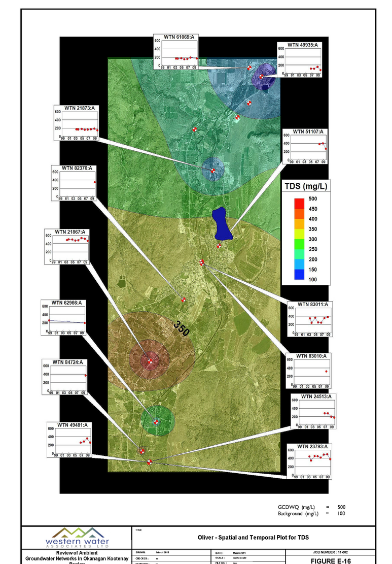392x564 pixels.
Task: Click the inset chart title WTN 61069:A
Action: (175, 38)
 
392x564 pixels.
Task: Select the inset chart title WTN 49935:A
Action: (302, 45)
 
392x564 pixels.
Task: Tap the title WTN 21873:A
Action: (75, 108)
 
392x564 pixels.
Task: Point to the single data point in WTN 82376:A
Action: (95, 182)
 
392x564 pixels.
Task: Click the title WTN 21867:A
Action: (67, 231)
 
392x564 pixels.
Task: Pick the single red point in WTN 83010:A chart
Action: (326, 372)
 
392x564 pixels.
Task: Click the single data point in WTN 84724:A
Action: (86, 376)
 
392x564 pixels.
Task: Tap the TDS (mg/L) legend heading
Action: (305, 186)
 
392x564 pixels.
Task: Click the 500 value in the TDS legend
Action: (313, 199)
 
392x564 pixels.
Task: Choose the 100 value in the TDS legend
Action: (313, 280)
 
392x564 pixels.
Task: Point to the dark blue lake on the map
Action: (222, 224)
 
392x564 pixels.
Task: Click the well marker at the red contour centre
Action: (150, 361)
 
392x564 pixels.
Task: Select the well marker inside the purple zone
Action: (262, 76)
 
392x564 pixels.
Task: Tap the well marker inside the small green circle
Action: (156, 421)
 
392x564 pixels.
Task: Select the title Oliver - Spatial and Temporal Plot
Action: (253, 537)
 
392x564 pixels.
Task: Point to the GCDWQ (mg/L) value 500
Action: (341, 507)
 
